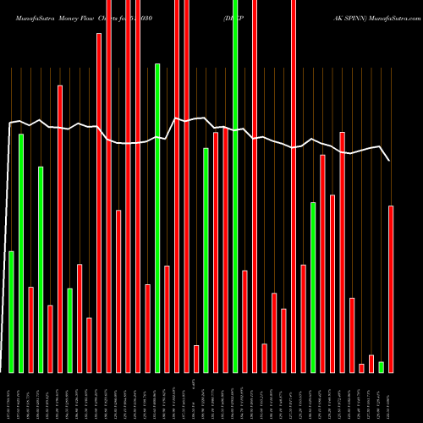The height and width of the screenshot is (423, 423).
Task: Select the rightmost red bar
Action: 391,288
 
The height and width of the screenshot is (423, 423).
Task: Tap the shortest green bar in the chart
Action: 381,366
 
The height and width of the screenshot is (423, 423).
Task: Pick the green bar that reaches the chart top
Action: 235,186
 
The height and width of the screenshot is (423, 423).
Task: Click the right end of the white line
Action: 389,160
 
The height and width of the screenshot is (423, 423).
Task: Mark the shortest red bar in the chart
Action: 361,367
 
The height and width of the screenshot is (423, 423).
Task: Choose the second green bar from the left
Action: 21,253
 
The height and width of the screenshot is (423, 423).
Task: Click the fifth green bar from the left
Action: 157,217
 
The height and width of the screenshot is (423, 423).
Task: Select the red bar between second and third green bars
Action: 30,329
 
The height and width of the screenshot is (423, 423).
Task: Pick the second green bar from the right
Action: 313,287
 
